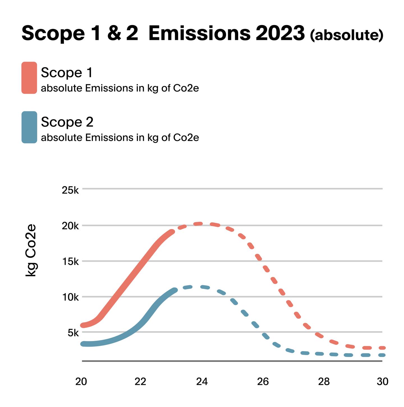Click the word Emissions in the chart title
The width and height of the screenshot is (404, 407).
(x=199, y=33)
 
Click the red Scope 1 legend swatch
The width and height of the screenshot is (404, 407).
(x=29, y=78)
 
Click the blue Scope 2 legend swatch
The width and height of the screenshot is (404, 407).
(x=29, y=127)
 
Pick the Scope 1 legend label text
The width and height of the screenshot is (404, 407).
(x=67, y=73)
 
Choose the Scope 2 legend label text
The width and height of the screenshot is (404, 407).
(x=67, y=122)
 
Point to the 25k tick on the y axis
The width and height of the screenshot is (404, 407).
(x=70, y=190)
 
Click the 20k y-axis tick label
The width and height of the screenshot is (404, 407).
(x=70, y=226)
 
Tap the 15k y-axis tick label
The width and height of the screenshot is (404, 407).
(x=70, y=262)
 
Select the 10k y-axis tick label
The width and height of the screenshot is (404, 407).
(x=70, y=297)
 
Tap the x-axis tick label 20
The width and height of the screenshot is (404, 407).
(x=81, y=382)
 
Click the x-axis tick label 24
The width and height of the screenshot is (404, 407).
(x=202, y=382)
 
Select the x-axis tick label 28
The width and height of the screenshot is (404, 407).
(x=324, y=382)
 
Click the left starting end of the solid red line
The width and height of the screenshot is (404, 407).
(x=82, y=325)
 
